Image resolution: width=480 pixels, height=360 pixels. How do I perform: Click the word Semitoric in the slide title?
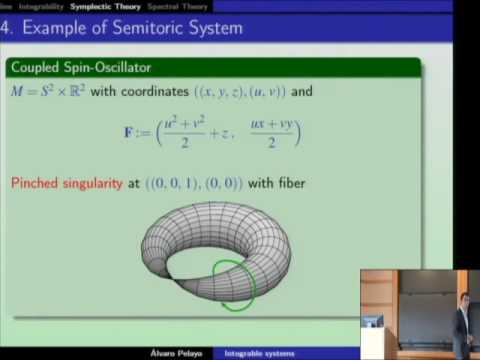[x=146, y=28]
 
